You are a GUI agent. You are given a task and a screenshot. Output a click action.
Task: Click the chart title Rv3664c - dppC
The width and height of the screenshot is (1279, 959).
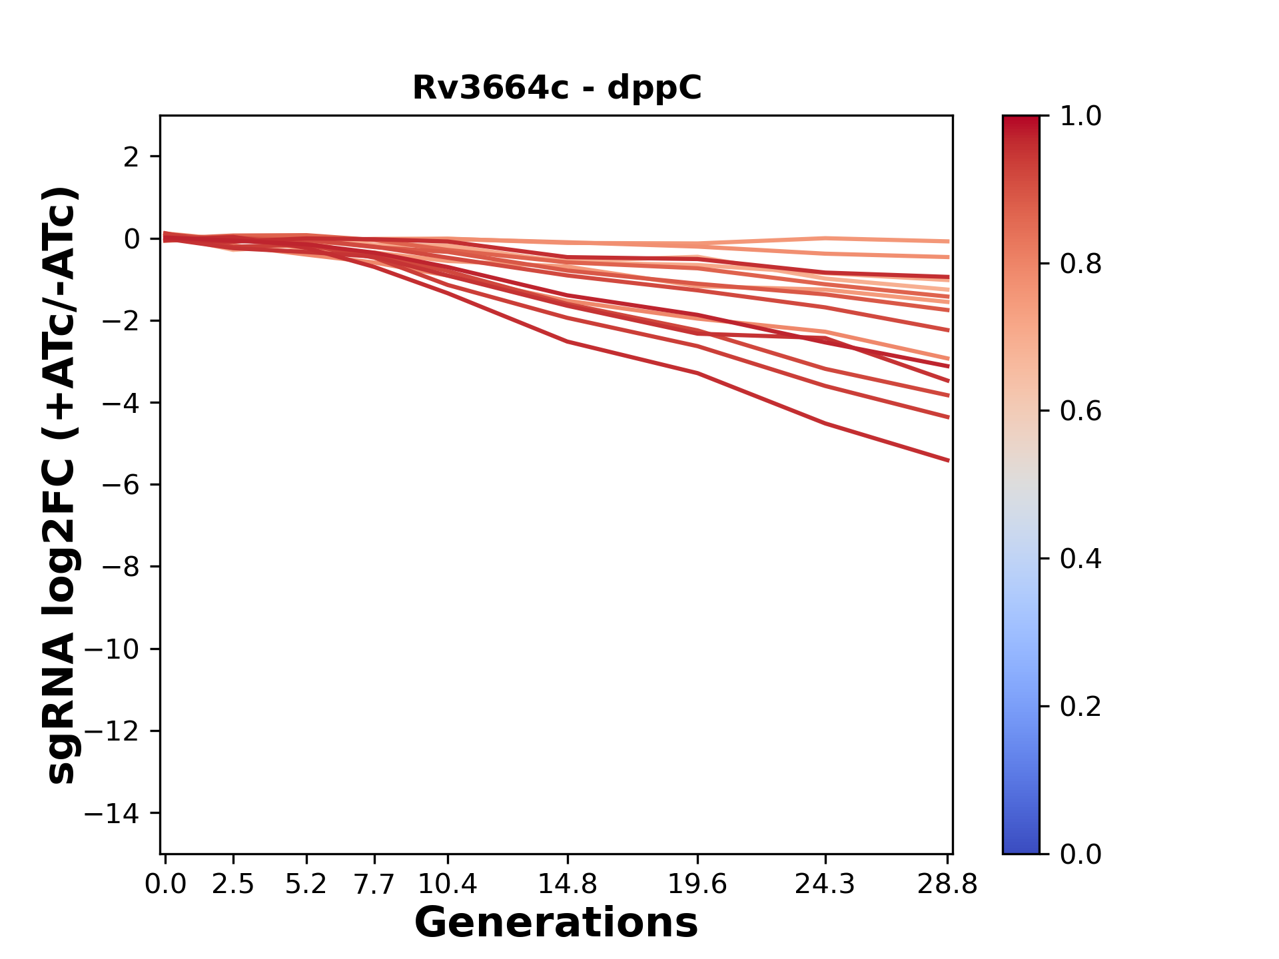556,89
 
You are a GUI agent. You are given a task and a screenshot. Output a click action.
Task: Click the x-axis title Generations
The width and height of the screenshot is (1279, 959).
556,923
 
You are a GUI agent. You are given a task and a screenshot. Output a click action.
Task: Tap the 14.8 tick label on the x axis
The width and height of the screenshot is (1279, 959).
568,884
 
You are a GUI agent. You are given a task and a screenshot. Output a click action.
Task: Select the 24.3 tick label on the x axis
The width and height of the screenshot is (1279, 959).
825,884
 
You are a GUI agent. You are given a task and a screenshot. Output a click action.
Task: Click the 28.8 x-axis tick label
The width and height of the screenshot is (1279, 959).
947,884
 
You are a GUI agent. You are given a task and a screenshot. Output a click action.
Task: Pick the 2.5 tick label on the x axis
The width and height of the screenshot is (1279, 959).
233,884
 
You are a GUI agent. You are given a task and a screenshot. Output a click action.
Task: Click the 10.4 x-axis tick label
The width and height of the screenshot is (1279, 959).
448,884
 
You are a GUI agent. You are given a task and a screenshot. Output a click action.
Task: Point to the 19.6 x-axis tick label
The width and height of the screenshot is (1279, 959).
697,884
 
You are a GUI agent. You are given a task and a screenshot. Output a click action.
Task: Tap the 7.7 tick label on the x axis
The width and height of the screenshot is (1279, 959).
374,884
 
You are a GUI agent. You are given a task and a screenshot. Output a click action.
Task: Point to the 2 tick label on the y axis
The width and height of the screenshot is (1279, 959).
131,157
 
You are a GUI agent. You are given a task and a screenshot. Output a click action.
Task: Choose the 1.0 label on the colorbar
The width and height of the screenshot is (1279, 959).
1080,117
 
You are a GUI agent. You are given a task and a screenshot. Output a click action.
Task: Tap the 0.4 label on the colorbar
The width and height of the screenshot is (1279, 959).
1080,559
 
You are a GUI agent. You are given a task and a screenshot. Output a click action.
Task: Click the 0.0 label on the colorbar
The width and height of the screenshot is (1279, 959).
1080,854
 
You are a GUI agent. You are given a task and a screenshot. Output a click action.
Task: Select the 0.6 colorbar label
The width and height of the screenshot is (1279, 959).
1080,412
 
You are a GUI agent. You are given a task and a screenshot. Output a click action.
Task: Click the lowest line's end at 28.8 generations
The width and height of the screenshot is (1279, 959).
948,460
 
